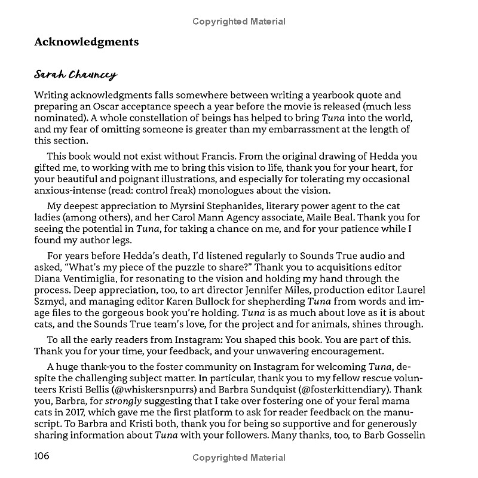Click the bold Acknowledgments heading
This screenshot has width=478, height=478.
coord(87,42)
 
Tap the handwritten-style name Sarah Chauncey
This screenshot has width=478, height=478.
coord(75,75)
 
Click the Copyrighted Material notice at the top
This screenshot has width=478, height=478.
coord(239,22)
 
